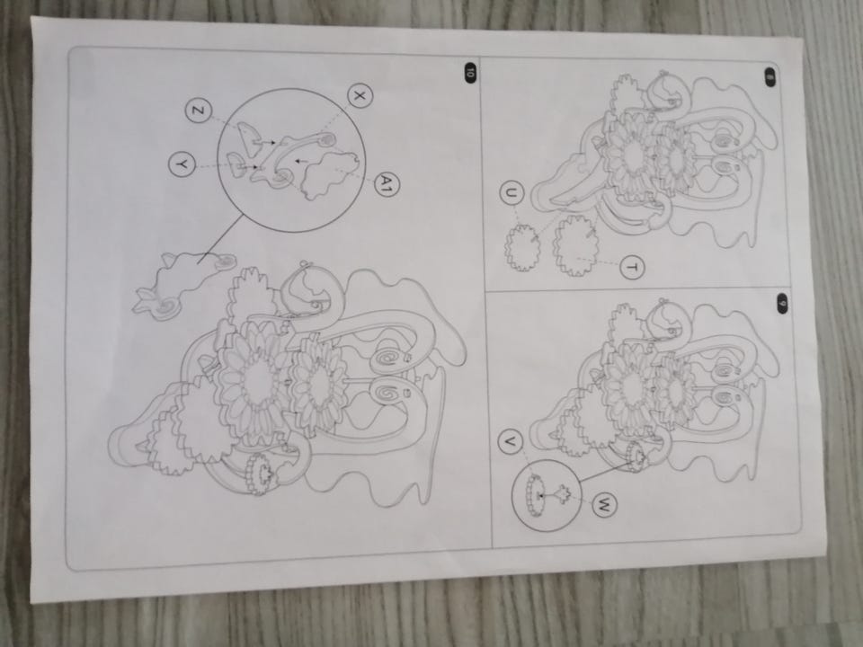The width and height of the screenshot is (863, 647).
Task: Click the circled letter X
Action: pos(360,96)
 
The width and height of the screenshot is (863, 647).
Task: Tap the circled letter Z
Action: pos(198,111)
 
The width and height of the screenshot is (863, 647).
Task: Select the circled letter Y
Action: pos(182,164)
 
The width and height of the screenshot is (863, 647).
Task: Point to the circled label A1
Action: pos(387,183)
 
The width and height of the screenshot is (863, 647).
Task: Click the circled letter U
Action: pos(512,194)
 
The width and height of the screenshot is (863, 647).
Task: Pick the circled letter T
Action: pos(632,268)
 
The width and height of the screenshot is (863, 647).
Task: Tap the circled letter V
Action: pos(512,442)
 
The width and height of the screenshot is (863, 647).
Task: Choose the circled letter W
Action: pos(604,504)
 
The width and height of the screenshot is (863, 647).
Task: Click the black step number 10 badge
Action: pos(469,72)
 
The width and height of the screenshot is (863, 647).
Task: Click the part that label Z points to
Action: pos(251,137)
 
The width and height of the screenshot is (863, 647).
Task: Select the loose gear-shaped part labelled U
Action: pos(522,246)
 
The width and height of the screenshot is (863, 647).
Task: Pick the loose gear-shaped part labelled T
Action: pos(575,244)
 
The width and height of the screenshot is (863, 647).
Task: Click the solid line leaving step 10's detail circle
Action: pos(219,237)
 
